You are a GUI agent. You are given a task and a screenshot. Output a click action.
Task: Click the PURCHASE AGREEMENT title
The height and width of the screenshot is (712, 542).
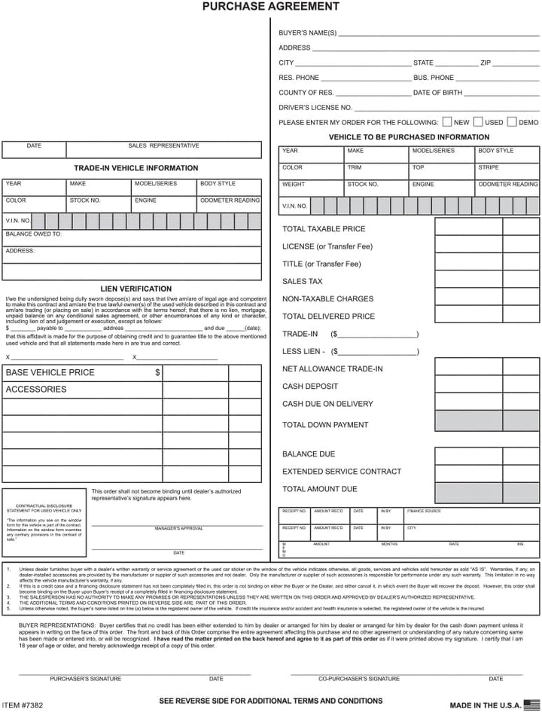pos(271,7)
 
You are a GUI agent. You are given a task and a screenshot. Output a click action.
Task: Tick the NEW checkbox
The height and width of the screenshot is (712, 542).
pos(447,121)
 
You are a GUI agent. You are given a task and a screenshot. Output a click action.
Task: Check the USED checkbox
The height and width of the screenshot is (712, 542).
pos(478,121)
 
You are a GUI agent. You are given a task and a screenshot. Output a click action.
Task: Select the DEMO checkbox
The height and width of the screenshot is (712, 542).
pos(512,121)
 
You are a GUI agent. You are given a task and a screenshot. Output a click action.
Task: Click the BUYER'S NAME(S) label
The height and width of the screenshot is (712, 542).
pos(308,33)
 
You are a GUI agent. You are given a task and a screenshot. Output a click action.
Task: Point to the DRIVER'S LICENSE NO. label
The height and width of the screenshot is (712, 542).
pos(315,108)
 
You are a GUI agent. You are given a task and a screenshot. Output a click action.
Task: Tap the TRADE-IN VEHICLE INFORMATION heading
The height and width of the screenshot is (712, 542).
pos(136,168)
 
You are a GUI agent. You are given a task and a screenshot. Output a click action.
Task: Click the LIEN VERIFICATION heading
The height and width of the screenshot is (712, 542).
pos(136,289)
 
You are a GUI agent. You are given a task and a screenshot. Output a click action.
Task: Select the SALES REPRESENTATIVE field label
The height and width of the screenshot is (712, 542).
pos(163,145)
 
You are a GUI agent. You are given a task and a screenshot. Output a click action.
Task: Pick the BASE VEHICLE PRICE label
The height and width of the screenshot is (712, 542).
pos(50,372)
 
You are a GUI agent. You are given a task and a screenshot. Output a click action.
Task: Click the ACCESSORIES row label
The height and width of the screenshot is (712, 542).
pos(36,390)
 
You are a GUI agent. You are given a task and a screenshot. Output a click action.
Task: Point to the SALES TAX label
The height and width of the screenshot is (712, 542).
pos(303,281)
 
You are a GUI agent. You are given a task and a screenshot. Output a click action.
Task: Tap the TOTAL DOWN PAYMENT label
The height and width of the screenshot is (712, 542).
pos(325,425)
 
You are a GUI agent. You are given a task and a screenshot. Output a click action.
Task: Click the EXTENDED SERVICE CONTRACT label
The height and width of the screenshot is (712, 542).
pos(342,472)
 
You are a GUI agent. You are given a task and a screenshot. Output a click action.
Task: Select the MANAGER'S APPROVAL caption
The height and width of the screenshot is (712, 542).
pos(179,528)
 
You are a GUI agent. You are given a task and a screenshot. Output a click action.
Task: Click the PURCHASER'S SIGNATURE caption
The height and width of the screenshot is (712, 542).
pos(85,679)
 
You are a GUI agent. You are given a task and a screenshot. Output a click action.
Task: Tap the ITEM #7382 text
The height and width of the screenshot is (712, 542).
pos(23,705)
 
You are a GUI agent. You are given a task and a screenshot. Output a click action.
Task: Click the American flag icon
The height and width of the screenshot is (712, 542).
pos(532,704)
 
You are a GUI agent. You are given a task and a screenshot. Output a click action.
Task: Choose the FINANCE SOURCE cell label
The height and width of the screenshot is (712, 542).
pos(425,512)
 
